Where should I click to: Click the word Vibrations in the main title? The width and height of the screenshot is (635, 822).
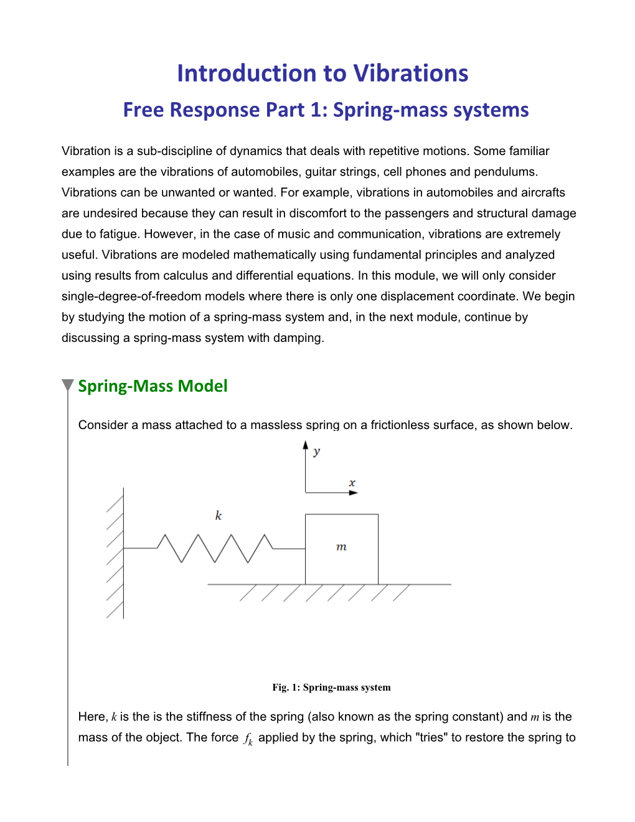pyautogui.click(x=402, y=73)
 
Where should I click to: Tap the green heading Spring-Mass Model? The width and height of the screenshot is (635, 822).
pyautogui.click(x=153, y=386)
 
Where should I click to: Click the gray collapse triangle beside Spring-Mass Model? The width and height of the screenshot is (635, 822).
pyautogui.click(x=68, y=385)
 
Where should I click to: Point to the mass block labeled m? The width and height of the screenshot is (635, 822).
pyautogui.click(x=341, y=549)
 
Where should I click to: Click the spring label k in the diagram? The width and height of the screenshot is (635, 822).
pyautogui.click(x=218, y=516)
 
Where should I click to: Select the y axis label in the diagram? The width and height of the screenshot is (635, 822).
pyautogui.click(x=317, y=451)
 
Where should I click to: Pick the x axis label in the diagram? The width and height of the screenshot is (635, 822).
pyautogui.click(x=352, y=483)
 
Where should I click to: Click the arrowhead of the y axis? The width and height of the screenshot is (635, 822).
pyautogui.click(x=305, y=445)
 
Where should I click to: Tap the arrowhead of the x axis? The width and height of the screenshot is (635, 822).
pyautogui.click(x=354, y=493)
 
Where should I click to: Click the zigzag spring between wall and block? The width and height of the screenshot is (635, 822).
pyautogui.click(x=215, y=548)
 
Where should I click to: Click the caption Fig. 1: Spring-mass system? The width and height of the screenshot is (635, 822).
pyautogui.click(x=331, y=687)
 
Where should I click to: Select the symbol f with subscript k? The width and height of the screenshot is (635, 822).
pyautogui.click(x=248, y=739)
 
